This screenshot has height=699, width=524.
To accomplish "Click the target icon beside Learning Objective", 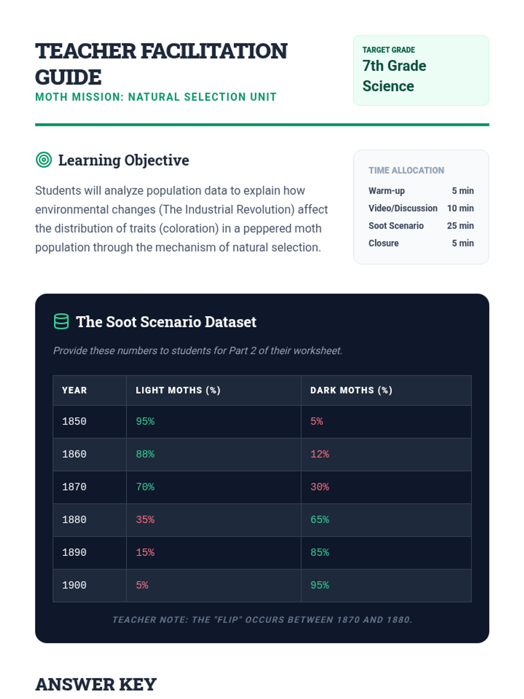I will click(x=44, y=160).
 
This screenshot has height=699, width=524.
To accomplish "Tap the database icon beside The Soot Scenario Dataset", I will click(x=61, y=322).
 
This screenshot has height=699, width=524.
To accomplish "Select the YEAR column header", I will click(x=74, y=390).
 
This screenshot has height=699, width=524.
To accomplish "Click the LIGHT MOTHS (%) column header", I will click(x=178, y=390).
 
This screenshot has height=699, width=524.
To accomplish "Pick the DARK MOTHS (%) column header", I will click(x=351, y=390).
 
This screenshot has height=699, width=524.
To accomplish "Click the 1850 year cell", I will click(x=74, y=422).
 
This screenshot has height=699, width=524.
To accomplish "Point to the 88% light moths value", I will click(x=145, y=454).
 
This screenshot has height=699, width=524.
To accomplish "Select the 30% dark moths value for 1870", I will click(x=320, y=487).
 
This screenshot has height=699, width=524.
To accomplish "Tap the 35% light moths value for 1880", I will click(x=145, y=520).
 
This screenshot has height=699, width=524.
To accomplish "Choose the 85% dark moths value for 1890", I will click(x=320, y=553).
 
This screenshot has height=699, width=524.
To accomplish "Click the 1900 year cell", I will click(x=74, y=585).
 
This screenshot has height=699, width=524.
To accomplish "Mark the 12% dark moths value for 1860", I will click(x=320, y=454).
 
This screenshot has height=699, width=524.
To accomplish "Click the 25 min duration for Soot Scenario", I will click(x=460, y=226).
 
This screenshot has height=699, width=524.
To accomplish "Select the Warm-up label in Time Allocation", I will click(x=386, y=191).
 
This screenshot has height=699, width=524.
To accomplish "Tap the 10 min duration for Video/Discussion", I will click(x=460, y=208).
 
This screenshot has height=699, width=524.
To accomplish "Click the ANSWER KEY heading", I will click(x=96, y=685).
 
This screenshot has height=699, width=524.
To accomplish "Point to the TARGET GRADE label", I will click(x=389, y=50).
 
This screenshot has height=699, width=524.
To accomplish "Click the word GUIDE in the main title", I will click(x=68, y=77).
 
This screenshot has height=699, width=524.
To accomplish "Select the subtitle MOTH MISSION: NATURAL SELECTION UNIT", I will click(x=156, y=97).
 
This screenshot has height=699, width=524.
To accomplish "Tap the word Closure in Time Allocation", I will click(x=383, y=243).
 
